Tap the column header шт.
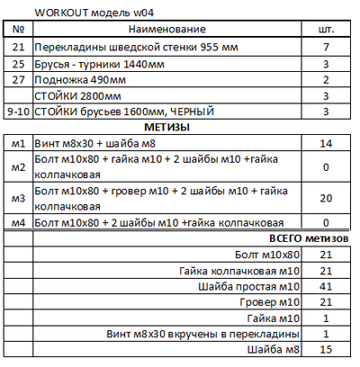click(x=328, y=30)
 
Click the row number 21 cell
click(x=18, y=46)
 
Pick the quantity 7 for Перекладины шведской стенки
click(x=328, y=46)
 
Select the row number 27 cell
click(x=18, y=78)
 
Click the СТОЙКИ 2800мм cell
click(x=77, y=94)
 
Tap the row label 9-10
click(x=18, y=111)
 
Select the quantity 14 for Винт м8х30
click(x=328, y=143)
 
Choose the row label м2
click(x=18, y=166)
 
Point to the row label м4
click(x=18, y=221)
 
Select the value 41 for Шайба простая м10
click(x=328, y=286)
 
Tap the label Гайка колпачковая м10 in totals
click(x=238, y=270)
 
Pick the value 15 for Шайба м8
click(x=328, y=351)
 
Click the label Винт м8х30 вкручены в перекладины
click(x=217, y=335)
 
